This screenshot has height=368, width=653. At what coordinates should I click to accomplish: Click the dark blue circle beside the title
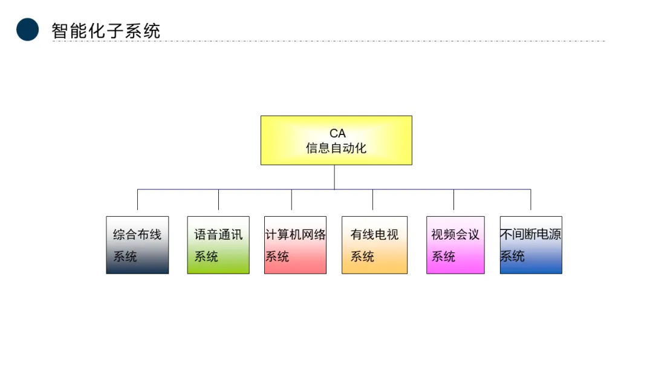[27, 30]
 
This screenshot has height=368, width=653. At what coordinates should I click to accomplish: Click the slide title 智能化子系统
[106, 31]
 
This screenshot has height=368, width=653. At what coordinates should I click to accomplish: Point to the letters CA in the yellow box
[337, 133]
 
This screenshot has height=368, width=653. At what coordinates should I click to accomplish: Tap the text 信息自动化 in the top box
[336, 148]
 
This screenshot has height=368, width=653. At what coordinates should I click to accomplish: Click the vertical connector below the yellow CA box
[334, 177]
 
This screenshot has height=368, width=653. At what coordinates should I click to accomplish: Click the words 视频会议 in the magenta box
[455, 234]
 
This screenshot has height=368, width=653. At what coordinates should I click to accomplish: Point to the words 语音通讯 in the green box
[218, 234]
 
